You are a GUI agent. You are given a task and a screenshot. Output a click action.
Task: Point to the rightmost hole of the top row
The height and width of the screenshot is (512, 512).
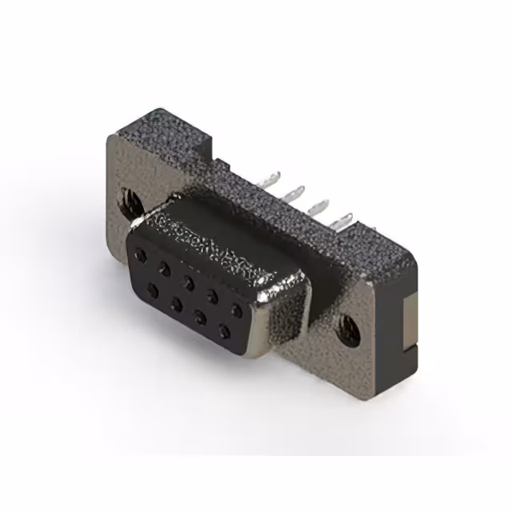click(x=236, y=307)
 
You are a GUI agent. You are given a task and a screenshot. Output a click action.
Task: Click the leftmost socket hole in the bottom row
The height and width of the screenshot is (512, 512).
click(x=152, y=286)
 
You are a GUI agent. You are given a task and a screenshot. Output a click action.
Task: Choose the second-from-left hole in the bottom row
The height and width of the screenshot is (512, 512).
click(x=176, y=299)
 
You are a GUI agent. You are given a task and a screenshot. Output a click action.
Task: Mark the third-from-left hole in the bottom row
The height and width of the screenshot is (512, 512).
click(x=200, y=313)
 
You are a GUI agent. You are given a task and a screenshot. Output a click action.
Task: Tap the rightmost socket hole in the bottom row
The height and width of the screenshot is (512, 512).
click(x=224, y=327)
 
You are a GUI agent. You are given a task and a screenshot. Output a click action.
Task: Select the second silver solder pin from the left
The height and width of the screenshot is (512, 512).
click(x=296, y=192)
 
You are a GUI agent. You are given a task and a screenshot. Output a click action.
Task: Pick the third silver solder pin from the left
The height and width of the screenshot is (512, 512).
click(x=320, y=205)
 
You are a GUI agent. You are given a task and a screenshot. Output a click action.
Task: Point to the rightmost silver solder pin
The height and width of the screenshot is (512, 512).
click(x=345, y=218)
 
